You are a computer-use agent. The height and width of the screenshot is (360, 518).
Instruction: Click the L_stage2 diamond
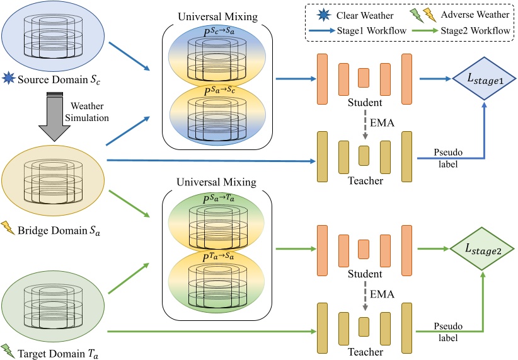pyautogui.click(x=483, y=252)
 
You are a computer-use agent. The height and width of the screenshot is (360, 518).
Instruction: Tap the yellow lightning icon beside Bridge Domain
pyautogui.click(x=9, y=228)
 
